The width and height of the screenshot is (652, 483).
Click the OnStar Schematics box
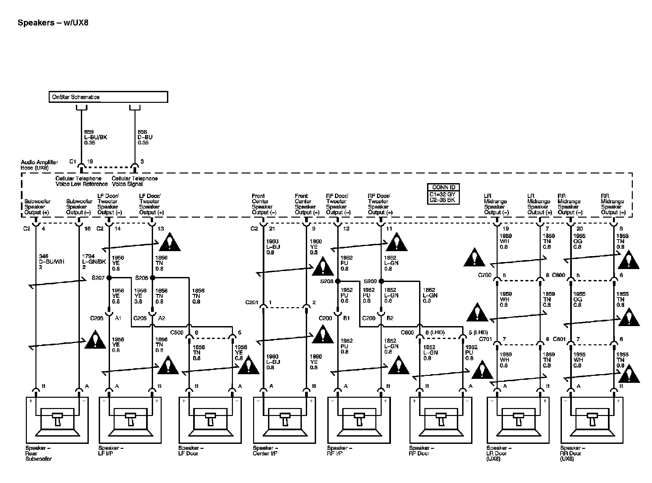pyautogui.click(x=108, y=97)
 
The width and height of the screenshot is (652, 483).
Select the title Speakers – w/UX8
pyautogui.click(x=53, y=23)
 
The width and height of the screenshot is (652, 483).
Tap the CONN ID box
pyautogui.click(x=443, y=194)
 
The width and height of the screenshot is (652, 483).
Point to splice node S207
pyautogui.click(x=109, y=278)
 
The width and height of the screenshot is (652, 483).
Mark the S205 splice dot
pyautogui.click(x=152, y=278)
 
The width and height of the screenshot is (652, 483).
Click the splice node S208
pyautogui.click(x=338, y=281)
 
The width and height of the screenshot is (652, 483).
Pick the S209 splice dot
pyautogui.click(x=381, y=281)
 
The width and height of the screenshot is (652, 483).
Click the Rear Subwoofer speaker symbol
pyautogui.click(x=57, y=420)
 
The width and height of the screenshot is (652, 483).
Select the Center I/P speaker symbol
pyautogui.click(x=285, y=420)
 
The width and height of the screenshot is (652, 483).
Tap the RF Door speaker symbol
pyautogui.click(x=441, y=420)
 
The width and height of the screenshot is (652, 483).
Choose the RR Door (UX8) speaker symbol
pyautogui.click(x=592, y=420)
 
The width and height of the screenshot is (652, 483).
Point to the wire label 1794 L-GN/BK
pyautogui.click(x=94, y=262)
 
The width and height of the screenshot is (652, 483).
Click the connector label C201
pyautogui.click(x=252, y=303)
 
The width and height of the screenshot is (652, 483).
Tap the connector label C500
pyautogui.click(x=177, y=332)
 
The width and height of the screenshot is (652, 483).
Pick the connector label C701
pyautogui.click(x=486, y=339)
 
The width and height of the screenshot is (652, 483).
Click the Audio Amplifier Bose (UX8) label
pyautogui.click(x=39, y=165)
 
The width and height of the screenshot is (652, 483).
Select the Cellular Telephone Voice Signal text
pyautogui.click(x=135, y=181)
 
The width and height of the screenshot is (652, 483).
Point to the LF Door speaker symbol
pyautogui.click(x=210, y=420)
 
